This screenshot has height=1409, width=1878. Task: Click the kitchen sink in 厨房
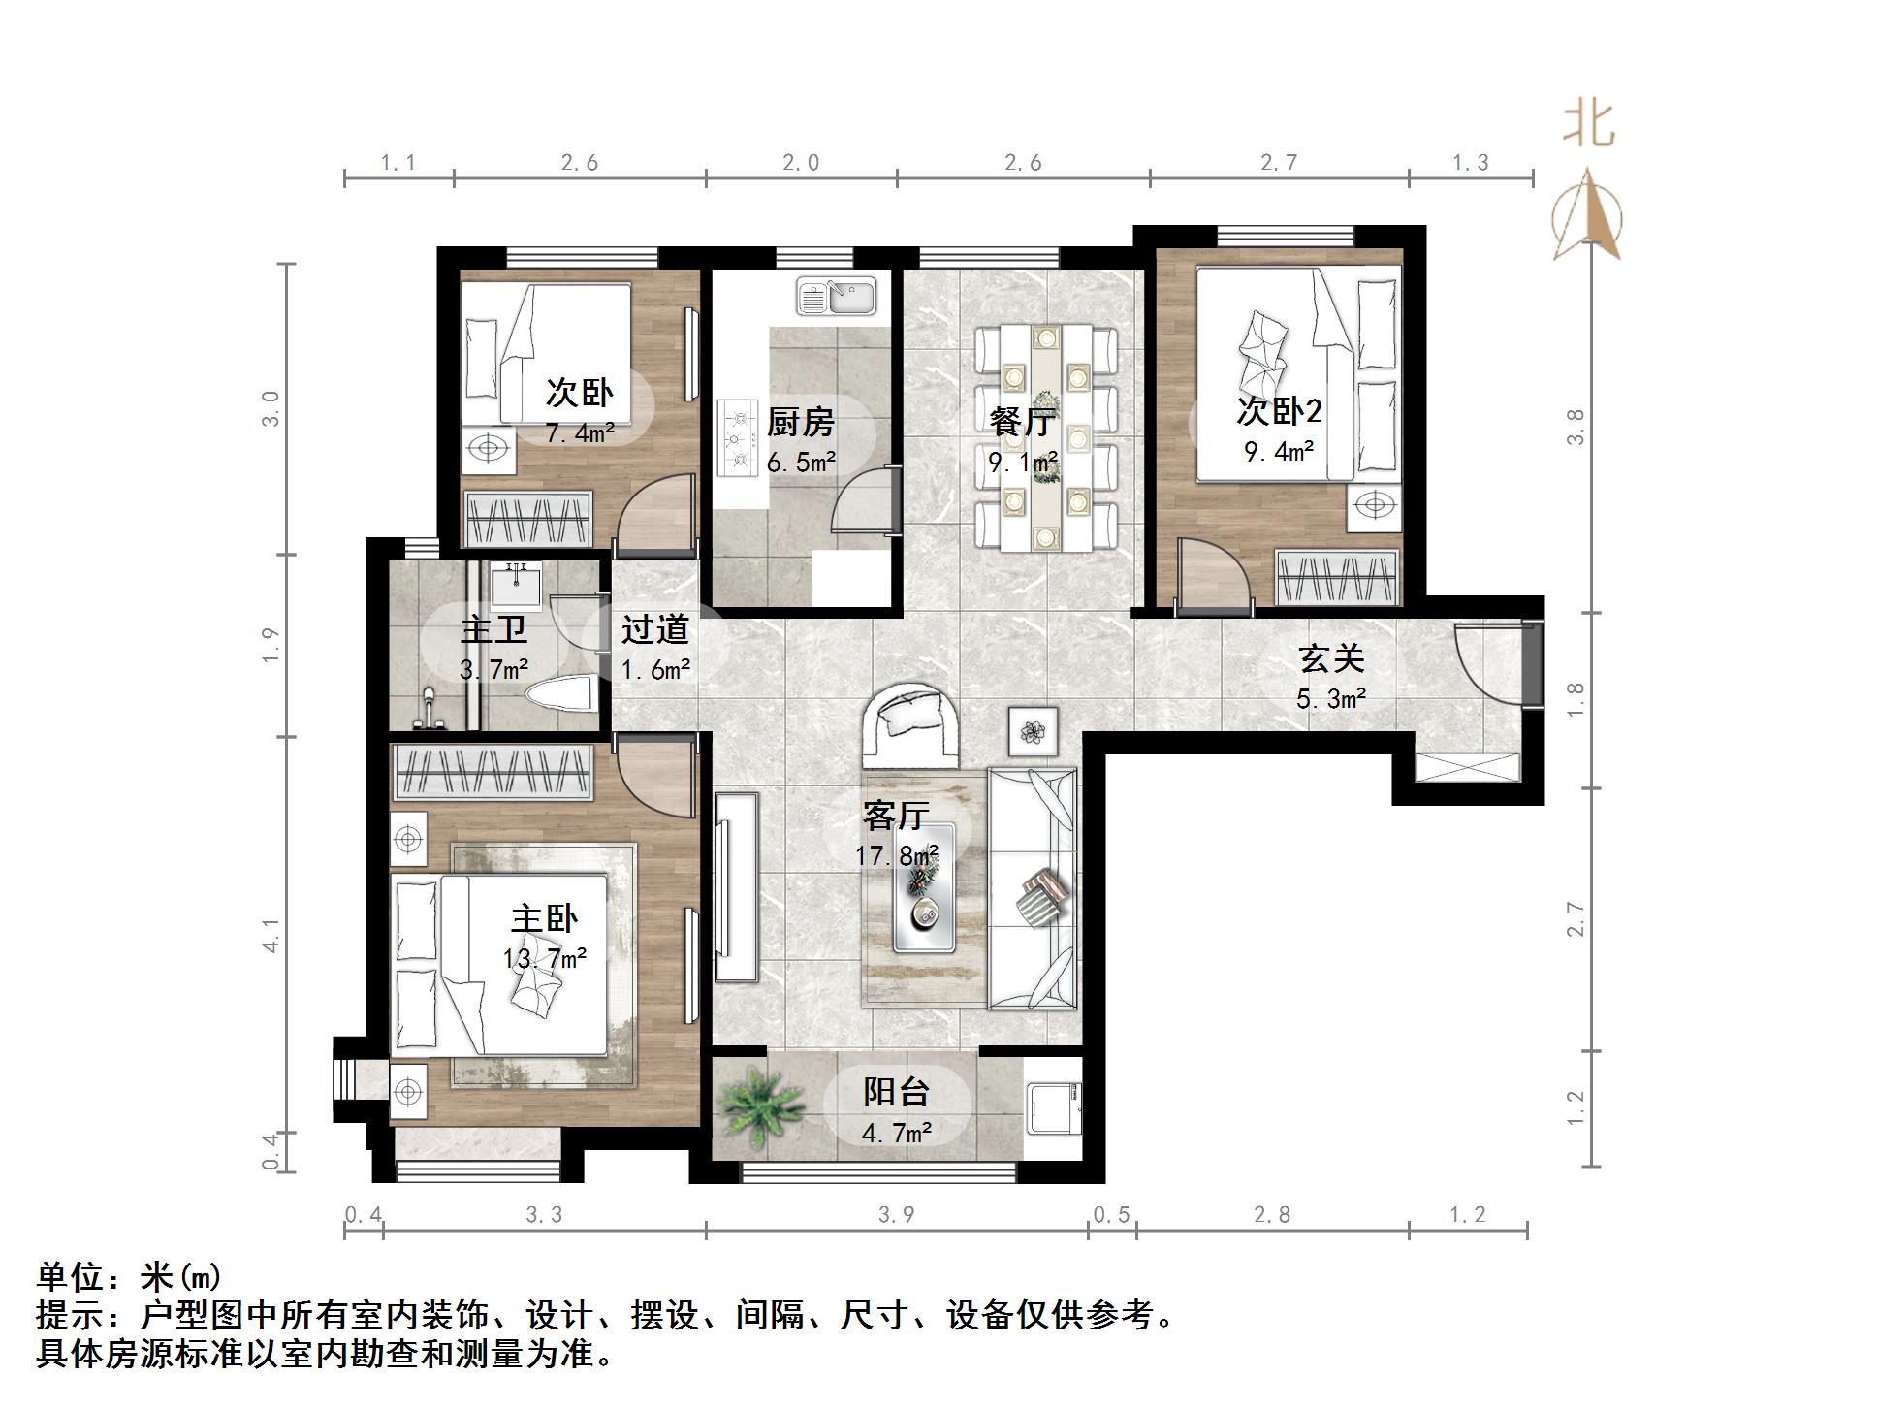pos(836,296)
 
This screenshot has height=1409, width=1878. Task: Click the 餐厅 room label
pos(1022,423)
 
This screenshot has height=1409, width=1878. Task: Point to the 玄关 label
pos(1331,659)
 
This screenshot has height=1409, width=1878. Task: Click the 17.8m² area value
pos(896,855)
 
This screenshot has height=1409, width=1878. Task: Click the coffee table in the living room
pos(923,886)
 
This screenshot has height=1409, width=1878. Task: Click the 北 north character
pos(1588,124)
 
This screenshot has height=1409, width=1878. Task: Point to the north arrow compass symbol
pos(1586,217)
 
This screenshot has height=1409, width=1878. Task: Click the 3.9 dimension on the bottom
pos(896,1215)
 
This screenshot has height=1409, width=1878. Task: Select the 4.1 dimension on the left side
pos(271,935)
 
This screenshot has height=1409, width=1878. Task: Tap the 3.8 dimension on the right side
pos(1575,427)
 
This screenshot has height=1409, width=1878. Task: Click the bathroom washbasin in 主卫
pos(516,586)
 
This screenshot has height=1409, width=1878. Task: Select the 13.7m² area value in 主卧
pos(544,958)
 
